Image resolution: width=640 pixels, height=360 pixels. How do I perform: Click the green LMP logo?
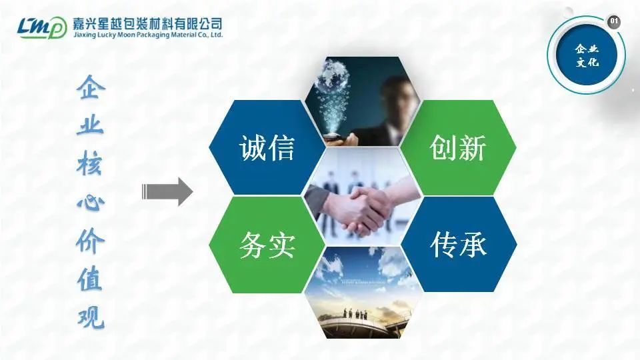(x=42, y=28)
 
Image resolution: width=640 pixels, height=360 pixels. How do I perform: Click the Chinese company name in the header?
(x=148, y=23)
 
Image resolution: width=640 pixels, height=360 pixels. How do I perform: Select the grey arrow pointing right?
(x=167, y=191)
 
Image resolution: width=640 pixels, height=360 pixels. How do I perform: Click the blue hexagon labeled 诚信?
(x=267, y=147)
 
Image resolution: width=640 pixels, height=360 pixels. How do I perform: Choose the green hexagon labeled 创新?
(x=458, y=147)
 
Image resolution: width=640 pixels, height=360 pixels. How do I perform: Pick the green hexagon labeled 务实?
(x=267, y=245)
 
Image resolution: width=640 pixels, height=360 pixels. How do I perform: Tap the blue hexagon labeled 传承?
(x=459, y=244)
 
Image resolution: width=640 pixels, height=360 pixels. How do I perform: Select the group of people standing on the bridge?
(x=355, y=314)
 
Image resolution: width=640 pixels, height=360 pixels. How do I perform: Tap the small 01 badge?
(x=613, y=21)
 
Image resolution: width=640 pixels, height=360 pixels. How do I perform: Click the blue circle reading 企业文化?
(x=587, y=55)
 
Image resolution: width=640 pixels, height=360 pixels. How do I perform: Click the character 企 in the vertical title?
(x=91, y=87)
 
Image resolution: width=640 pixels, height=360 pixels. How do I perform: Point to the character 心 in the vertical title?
(x=91, y=203)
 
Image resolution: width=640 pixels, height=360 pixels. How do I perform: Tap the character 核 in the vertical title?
(x=91, y=164)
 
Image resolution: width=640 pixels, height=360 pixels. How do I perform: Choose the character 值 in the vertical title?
(x=91, y=279)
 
